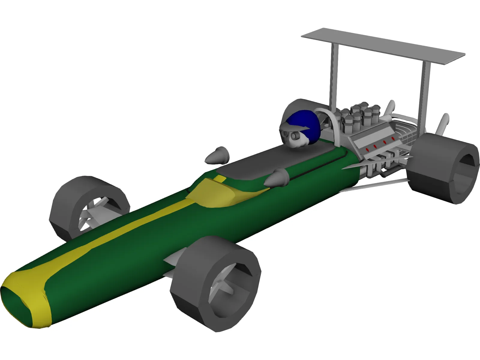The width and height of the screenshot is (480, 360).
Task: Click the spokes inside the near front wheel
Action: coord(223,288)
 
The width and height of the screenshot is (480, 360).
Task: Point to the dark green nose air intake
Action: coord(15,303)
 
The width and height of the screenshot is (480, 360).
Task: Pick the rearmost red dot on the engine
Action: coord(393,139)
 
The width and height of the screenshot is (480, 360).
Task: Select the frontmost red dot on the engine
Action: coord(367,149)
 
